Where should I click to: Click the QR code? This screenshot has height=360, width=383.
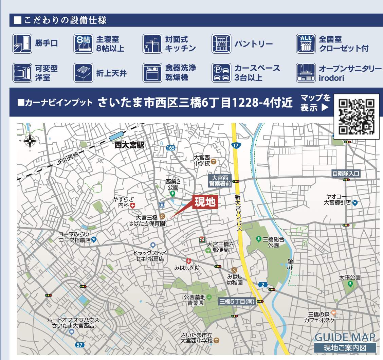pos(356,116)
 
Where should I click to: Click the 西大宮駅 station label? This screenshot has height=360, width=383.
pos(129,145)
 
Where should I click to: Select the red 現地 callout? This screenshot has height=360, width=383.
pos(204,202)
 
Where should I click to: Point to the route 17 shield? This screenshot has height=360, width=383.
pos(236,146)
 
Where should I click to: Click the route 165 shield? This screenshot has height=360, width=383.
pos(170,148)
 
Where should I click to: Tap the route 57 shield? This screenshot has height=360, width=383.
pos(79,345)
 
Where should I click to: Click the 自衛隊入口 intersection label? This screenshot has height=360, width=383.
pos(346,174)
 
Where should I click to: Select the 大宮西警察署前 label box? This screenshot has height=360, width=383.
pos(220,181)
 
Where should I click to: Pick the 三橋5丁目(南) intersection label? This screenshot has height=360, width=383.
pos(237,301)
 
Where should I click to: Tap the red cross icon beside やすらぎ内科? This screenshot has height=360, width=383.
pos(132,205)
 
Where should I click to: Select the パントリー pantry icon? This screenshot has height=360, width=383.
pos(221,44)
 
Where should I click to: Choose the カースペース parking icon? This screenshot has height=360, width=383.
pos(221,73)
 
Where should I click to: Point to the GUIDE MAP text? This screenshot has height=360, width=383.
pos(345,337)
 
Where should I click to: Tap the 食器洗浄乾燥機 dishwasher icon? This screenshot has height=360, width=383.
pos(152,73)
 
